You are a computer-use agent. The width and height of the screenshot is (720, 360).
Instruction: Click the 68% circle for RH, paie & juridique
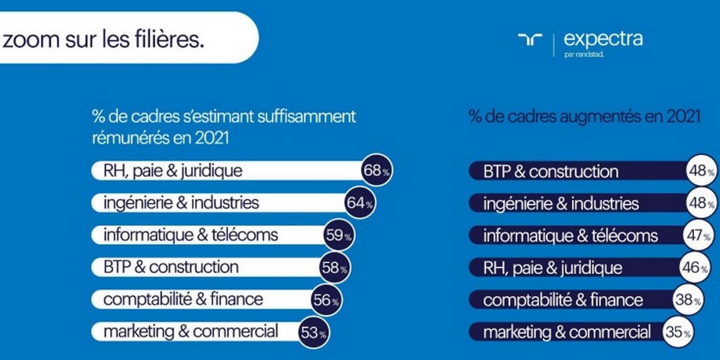(x=376, y=171)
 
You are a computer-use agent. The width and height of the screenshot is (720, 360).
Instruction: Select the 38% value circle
(x=688, y=299)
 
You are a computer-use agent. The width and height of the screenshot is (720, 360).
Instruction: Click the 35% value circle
(x=677, y=332)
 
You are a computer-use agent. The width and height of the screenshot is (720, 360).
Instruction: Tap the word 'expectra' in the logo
(x=603, y=40)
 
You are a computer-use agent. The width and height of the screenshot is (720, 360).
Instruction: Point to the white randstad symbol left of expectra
(x=530, y=40)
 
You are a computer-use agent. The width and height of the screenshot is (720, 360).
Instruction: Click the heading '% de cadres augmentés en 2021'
(x=584, y=116)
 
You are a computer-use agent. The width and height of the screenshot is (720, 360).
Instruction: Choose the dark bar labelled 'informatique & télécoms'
(x=570, y=235)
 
